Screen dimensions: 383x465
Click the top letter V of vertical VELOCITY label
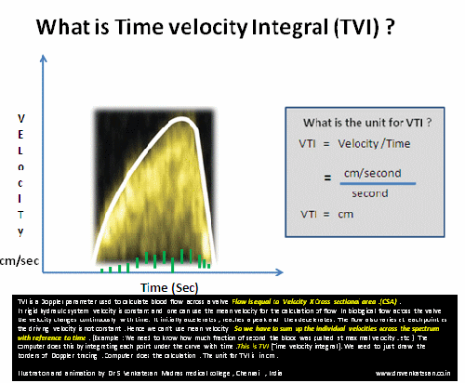tap(19, 119)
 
